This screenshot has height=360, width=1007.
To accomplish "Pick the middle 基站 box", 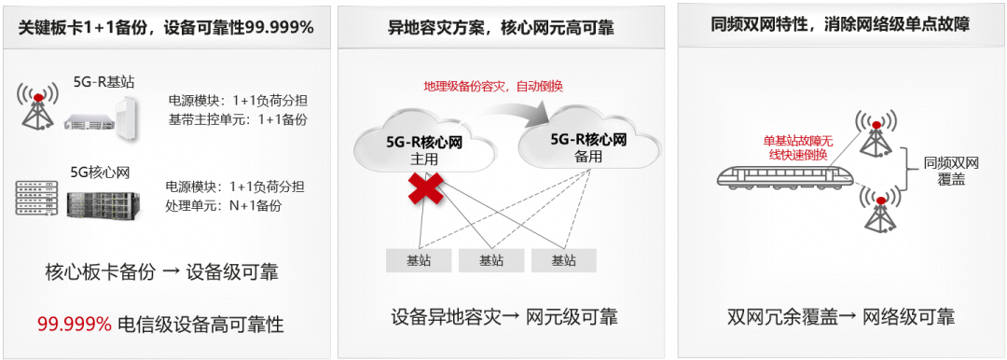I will pyautogui.click(x=492, y=260).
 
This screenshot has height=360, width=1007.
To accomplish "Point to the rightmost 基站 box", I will pyautogui.click(x=564, y=260).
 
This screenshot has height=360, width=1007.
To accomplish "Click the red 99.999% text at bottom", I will pyautogui.click(x=75, y=325).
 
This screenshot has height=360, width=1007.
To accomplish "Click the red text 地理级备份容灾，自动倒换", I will pyautogui.click(x=492, y=86).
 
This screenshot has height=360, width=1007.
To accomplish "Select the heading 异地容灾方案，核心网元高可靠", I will pyautogui.click(x=501, y=27).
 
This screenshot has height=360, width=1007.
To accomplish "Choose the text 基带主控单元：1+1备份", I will pyautogui.click(x=238, y=119).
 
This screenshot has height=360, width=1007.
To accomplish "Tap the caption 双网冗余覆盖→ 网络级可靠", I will pyautogui.click(x=840, y=316).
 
